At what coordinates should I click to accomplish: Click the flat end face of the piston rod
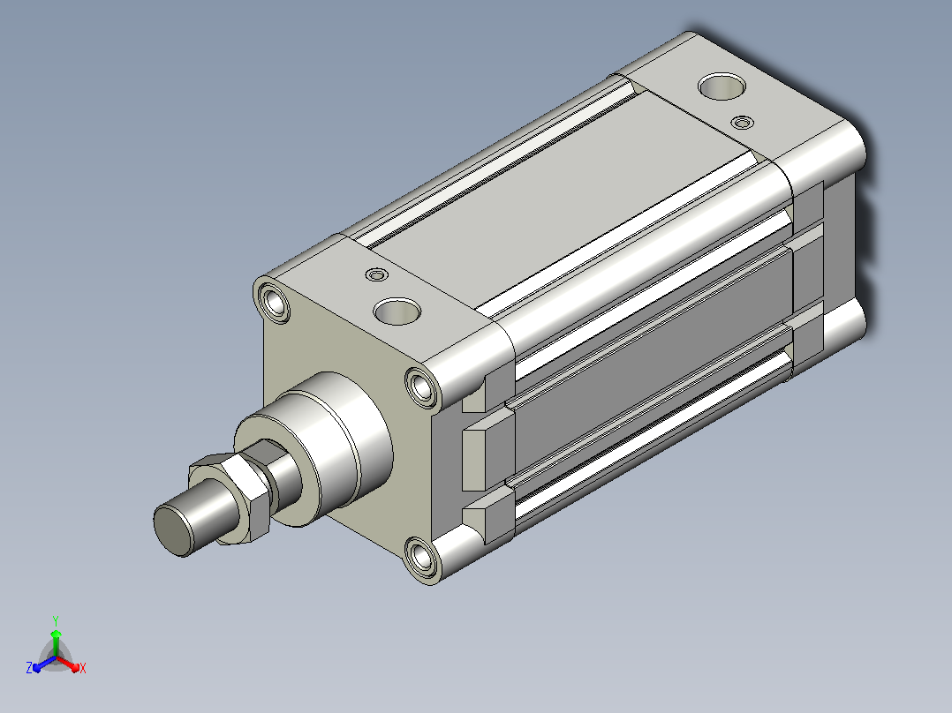[x=172, y=529]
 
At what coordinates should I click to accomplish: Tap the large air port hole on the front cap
[x=397, y=311]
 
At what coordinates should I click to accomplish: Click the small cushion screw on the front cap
[x=377, y=275]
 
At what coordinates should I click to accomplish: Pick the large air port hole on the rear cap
[x=722, y=86]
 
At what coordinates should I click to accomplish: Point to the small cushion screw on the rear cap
[x=742, y=123]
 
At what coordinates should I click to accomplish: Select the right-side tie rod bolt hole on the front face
[x=421, y=387]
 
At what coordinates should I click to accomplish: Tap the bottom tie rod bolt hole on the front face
[x=420, y=557]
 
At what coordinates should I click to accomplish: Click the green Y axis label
[x=56, y=620]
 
